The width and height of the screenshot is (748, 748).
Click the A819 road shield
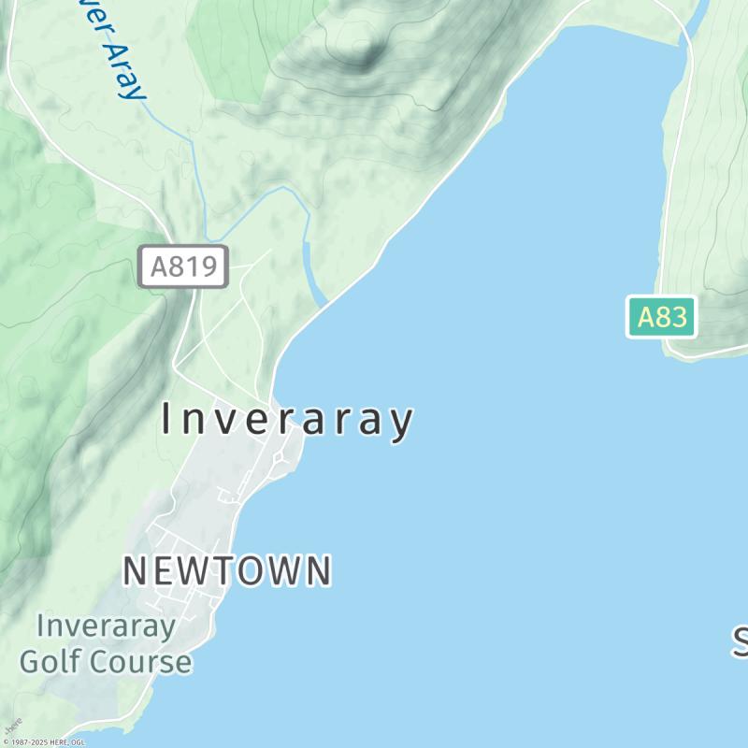[x=183, y=267]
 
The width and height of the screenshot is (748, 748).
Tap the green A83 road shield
[x=662, y=318]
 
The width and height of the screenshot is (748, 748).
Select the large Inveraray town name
[x=287, y=421]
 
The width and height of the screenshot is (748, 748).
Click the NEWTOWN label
[x=227, y=570]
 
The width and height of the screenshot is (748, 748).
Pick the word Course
[x=142, y=662]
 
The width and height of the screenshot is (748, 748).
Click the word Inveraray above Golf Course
[x=106, y=626]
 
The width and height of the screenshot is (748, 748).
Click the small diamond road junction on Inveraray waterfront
[x=279, y=458]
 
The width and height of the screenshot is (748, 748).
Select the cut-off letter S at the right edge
[x=740, y=642]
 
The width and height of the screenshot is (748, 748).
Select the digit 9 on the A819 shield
[x=212, y=267]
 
